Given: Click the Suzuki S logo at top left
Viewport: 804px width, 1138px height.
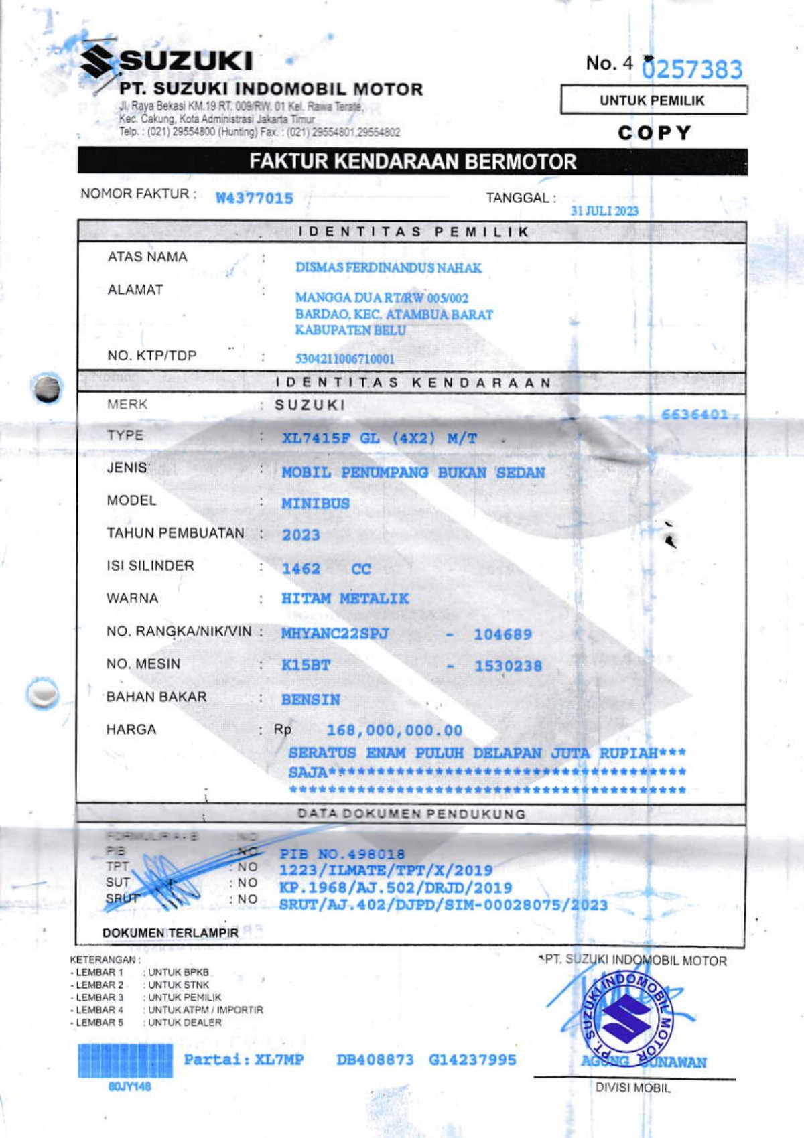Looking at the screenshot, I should (97, 62).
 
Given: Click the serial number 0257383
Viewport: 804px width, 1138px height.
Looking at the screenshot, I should (692, 69).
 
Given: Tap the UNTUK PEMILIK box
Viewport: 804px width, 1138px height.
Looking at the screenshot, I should (653, 100).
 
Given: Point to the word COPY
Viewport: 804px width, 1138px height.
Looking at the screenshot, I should (654, 133).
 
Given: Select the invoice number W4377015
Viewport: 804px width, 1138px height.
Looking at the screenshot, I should (255, 198).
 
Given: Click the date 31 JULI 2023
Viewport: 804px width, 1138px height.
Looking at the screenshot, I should (604, 211).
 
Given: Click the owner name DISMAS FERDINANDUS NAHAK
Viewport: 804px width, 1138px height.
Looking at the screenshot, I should (389, 268).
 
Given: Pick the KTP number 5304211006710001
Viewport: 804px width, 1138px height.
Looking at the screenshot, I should (345, 359).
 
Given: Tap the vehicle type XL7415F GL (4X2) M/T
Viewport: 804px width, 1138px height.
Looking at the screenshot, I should (379, 439).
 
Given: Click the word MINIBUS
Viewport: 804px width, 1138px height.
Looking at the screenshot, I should (316, 504).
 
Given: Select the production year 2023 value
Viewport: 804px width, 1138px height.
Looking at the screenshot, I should (301, 535).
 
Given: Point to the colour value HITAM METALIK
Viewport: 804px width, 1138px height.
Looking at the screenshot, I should (345, 599).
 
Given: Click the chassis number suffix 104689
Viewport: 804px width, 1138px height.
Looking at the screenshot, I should (503, 634).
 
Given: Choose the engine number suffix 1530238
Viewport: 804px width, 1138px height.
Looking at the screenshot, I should (509, 666).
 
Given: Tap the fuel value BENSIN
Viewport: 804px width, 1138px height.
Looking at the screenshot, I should (311, 700).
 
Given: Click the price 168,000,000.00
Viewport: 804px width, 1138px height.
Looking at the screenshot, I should (395, 731).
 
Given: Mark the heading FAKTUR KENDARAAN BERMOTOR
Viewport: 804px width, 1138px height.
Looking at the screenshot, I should (413, 162).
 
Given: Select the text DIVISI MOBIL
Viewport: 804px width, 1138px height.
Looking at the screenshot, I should (633, 1088).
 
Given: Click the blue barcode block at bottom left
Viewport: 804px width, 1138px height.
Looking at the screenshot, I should (125, 1060).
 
